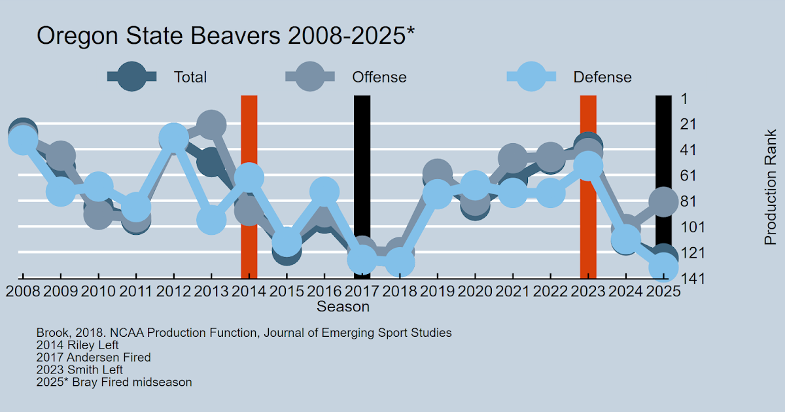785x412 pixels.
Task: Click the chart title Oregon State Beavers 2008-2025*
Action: click(226, 36)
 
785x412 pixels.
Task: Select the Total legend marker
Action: click(133, 77)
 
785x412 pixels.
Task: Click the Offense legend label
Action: click(379, 77)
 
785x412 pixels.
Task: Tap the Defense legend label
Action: click(602, 77)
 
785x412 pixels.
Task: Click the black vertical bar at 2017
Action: click(362, 170)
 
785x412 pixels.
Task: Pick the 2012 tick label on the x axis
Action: click(173, 292)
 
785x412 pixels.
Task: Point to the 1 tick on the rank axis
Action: click(683, 99)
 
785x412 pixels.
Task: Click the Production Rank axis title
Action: click(771, 188)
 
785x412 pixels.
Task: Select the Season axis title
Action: click(343, 306)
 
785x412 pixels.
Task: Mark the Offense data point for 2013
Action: click(211, 124)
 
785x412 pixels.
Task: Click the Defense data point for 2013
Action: click(211, 220)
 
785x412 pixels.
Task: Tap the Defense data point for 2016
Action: click(324, 191)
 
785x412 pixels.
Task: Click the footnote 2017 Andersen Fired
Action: click(94, 358)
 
